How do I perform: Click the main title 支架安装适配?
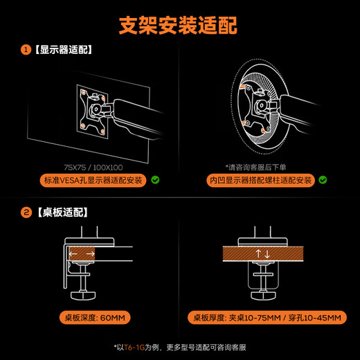pos(179,26)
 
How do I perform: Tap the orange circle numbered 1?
pos(26,50)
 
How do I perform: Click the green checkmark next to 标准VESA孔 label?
pos(156,181)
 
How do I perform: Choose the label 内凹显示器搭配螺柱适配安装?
pos(261,181)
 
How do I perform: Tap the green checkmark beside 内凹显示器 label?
pos(323,181)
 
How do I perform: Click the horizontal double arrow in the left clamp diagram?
pos(81,255)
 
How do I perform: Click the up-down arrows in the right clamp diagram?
pos(263,254)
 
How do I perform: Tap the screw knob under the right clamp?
pos(263,293)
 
